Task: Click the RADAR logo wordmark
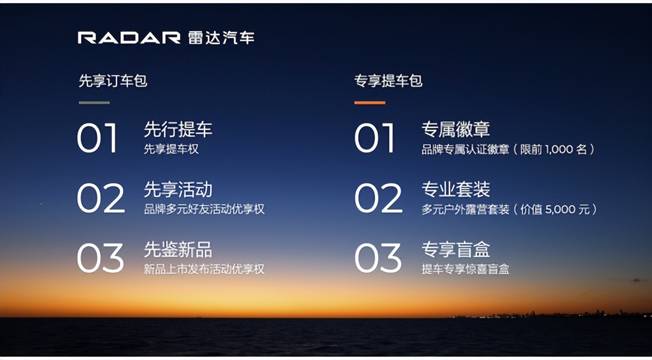[129, 38]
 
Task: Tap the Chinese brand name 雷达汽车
[221, 38]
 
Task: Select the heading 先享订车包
[113, 81]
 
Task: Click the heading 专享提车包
[388, 81]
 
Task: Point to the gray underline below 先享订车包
[94, 103]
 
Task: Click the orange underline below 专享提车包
[370, 103]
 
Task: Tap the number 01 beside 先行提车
[97, 138]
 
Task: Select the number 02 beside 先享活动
[101, 198]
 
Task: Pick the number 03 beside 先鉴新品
[100, 258]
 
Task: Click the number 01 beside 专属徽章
[374, 138]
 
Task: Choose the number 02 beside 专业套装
[379, 198]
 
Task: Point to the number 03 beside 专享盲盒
[378, 258]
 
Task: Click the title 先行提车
[178, 129]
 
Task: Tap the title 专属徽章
[456, 129]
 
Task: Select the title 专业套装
[456, 189]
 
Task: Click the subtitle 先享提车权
[171, 149]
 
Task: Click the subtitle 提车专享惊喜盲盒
[466, 269]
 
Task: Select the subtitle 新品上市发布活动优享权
[204, 269]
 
